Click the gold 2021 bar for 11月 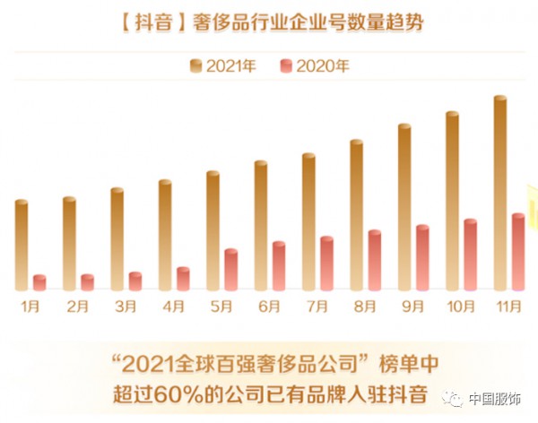click(500, 193)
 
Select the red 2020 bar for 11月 click(518, 252)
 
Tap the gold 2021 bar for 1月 click(22, 245)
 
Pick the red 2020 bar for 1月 click(39, 282)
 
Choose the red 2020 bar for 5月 click(231, 270)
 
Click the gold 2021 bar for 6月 click(261, 226)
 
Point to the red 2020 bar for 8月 click(375, 260)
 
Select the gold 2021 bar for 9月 click(404, 207)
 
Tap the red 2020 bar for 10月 click(471, 255)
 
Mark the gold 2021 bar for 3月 click(117, 238)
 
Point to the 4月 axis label click(173, 306)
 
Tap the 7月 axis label click(317, 306)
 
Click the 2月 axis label click(78, 306)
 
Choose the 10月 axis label click(460, 306)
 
